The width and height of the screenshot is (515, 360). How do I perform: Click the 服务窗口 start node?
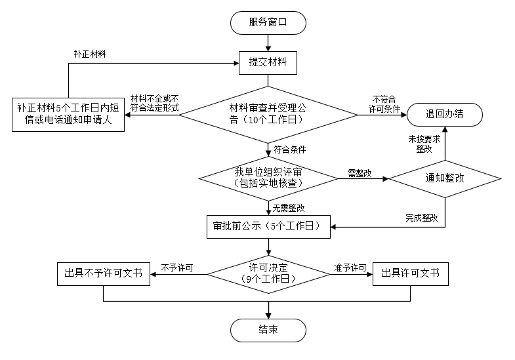pos(268,23)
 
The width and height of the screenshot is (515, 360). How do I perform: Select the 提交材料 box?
pos(268,63)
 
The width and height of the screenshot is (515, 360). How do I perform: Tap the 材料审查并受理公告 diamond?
pos(268,114)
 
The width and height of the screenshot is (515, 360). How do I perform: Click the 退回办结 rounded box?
pos(445,113)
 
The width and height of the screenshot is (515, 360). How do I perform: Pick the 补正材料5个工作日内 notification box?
pos(69,114)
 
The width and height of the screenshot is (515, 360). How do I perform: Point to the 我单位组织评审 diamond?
pos(268,178)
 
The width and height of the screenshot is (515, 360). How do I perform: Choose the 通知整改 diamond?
pos(445,178)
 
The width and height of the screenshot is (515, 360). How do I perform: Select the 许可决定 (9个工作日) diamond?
pos(268,273)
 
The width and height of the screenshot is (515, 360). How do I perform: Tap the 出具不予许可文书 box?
pos(104,273)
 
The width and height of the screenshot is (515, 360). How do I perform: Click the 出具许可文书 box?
pos(410,273)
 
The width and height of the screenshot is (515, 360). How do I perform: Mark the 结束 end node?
pos(268,329)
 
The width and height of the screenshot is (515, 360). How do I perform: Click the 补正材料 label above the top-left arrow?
pos(90,53)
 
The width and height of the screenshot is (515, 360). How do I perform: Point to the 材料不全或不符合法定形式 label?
pos(154,102)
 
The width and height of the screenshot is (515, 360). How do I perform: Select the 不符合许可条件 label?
pos(384,103)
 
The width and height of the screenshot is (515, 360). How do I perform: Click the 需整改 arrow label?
pos(360,173)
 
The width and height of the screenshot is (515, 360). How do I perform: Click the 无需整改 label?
pos(289,208)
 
